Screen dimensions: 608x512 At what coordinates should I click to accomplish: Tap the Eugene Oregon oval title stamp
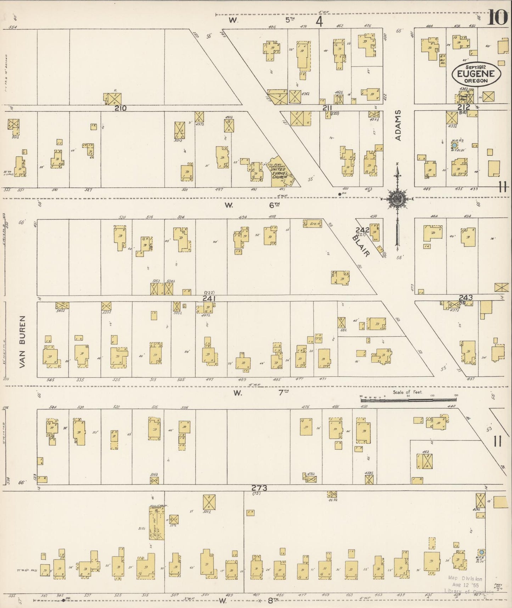tap(476, 73)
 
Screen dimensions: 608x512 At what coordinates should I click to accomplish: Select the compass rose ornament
tap(397, 200)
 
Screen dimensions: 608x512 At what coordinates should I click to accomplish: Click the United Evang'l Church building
tap(281, 173)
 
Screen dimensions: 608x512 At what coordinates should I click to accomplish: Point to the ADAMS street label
tap(398, 125)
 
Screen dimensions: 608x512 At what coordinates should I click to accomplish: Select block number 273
tap(259, 488)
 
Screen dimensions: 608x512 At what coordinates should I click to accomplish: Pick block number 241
tap(209, 299)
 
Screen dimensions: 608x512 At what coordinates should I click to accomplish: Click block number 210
tap(120, 108)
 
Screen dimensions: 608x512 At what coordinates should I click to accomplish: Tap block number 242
tap(363, 230)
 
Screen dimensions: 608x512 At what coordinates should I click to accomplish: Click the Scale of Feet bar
tap(408, 400)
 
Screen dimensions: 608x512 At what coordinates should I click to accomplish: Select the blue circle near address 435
tap(454, 145)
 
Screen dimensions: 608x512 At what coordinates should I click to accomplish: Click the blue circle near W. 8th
tap(481, 552)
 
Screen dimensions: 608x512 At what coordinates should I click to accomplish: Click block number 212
tap(463, 107)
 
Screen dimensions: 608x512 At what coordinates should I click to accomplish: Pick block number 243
tap(466, 297)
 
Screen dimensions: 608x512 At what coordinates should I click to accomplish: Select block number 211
tap(327, 108)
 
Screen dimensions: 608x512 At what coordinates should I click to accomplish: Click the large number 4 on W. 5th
tap(319, 22)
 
